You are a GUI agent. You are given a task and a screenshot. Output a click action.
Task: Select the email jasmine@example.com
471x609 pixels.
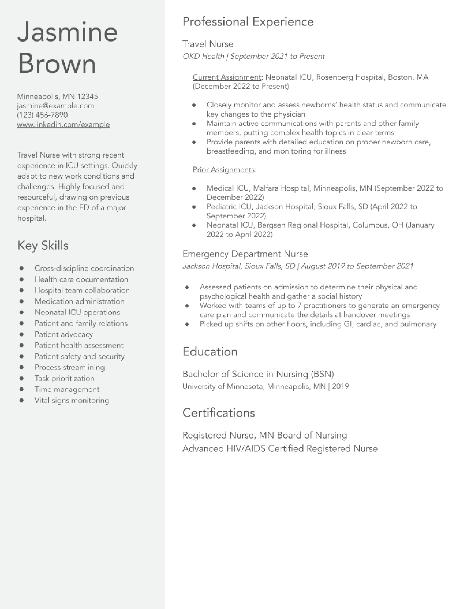(56, 106)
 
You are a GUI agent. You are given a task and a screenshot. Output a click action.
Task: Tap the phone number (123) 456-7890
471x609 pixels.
(42, 115)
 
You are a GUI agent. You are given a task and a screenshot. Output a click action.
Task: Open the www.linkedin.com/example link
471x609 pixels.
(63, 124)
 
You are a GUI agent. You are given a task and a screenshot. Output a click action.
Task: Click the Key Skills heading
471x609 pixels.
(43, 246)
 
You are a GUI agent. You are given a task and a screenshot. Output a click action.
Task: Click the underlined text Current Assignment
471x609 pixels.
(227, 77)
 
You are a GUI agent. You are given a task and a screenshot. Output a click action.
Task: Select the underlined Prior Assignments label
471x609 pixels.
(223, 170)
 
